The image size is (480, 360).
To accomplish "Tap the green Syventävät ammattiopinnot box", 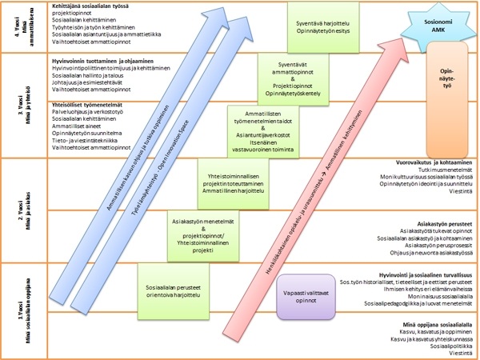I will [x=292, y=77].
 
